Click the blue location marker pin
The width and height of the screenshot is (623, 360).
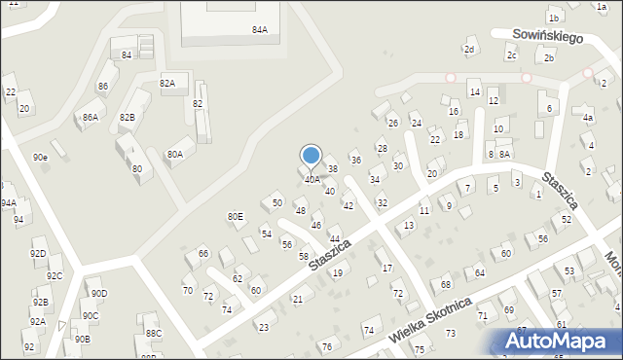tap(311, 156)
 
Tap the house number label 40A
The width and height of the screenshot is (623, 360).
tap(311, 179)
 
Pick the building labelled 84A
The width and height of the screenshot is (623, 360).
tap(260, 30)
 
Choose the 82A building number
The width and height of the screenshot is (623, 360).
tap(167, 84)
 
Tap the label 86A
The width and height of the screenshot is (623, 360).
tap(90, 118)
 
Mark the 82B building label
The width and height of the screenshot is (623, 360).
tap(128, 117)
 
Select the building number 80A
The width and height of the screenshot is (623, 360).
tap(174, 154)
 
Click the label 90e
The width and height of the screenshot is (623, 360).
tap(40, 157)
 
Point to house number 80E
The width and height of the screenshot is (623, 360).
tap(236, 216)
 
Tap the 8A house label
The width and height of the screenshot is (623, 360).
tap(504, 154)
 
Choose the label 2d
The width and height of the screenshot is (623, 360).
tap(469, 50)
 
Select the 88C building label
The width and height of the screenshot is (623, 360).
tap(153, 334)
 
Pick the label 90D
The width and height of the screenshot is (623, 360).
tap(99, 293)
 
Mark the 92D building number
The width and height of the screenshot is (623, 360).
tap(38, 254)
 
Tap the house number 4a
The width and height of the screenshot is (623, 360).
tap(588, 118)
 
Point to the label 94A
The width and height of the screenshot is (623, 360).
tap(8, 203)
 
